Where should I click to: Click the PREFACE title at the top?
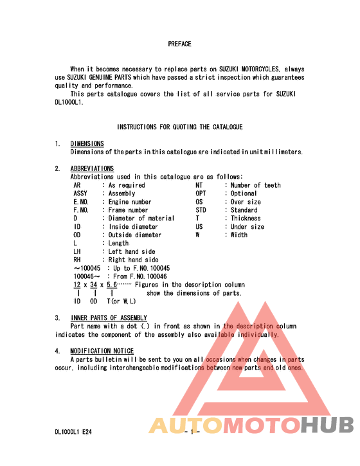click(x=179, y=44)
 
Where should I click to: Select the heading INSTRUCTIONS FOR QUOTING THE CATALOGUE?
click(x=179, y=127)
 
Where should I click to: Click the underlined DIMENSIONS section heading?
click(x=87, y=143)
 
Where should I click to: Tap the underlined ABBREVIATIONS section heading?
click(x=92, y=168)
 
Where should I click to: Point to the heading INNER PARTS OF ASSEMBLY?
click(x=109, y=318)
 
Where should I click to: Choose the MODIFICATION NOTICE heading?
click(x=102, y=351)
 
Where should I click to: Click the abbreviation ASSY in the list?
click(x=81, y=193)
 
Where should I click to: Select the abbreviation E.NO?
click(x=81, y=202)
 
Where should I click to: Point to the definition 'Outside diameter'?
click(x=135, y=235)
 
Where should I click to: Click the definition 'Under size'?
click(x=248, y=227)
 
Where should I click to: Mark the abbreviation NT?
click(x=199, y=185)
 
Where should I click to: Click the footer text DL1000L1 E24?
click(x=73, y=432)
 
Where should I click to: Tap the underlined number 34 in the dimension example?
click(x=94, y=285)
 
